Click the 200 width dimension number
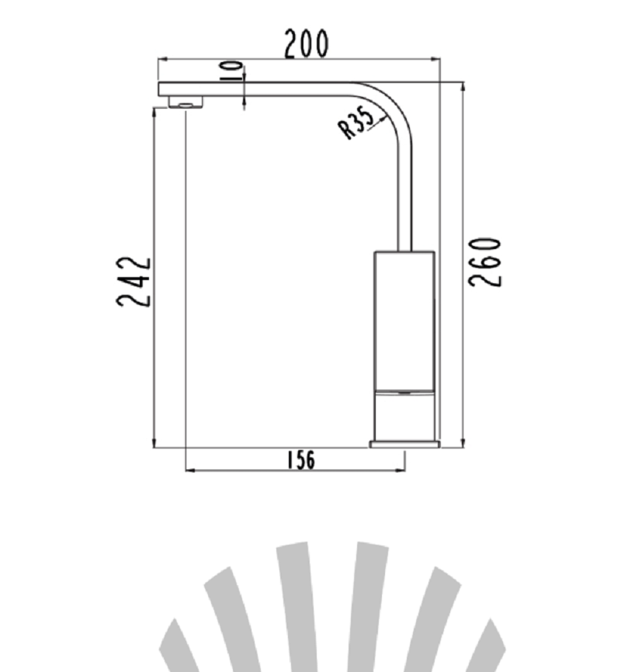point(307,43)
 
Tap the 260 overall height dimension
point(484,262)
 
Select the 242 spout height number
point(134,282)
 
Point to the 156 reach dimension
point(300,460)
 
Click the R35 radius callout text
point(357,123)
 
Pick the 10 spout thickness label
point(231,71)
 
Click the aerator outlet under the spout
point(186,102)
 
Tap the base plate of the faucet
point(405,444)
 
